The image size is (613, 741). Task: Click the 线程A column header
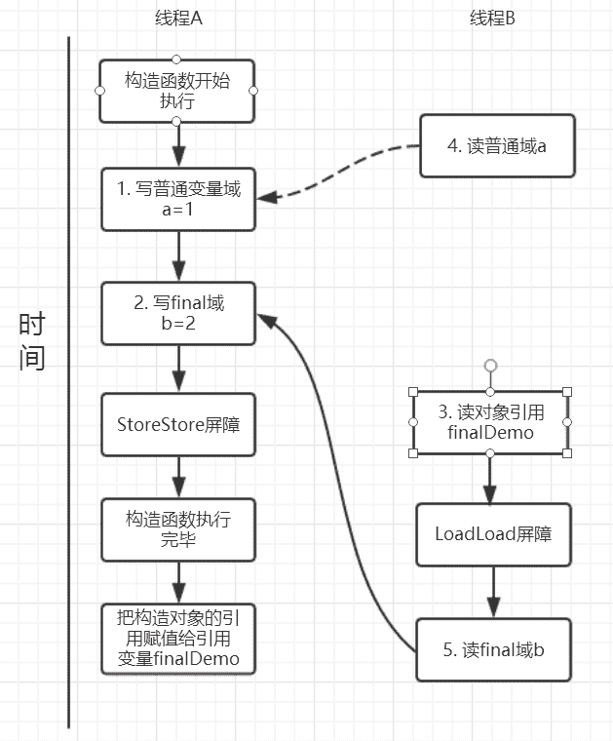[x=178, y=19]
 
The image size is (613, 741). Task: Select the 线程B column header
[x=491, y=19]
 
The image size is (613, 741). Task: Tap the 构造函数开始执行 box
[x=176, y=91]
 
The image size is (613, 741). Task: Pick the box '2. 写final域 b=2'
[x=178, y=312]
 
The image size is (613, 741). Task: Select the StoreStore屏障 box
[x=178, y=423]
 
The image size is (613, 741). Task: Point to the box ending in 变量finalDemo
[x=178, y=640]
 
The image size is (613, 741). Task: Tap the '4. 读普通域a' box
[x=497, y=146]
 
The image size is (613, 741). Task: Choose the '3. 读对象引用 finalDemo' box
[x=491, y=423]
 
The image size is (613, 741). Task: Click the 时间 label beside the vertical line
[x=32, y=341]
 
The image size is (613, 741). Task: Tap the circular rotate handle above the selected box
[x=491, y=366]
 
